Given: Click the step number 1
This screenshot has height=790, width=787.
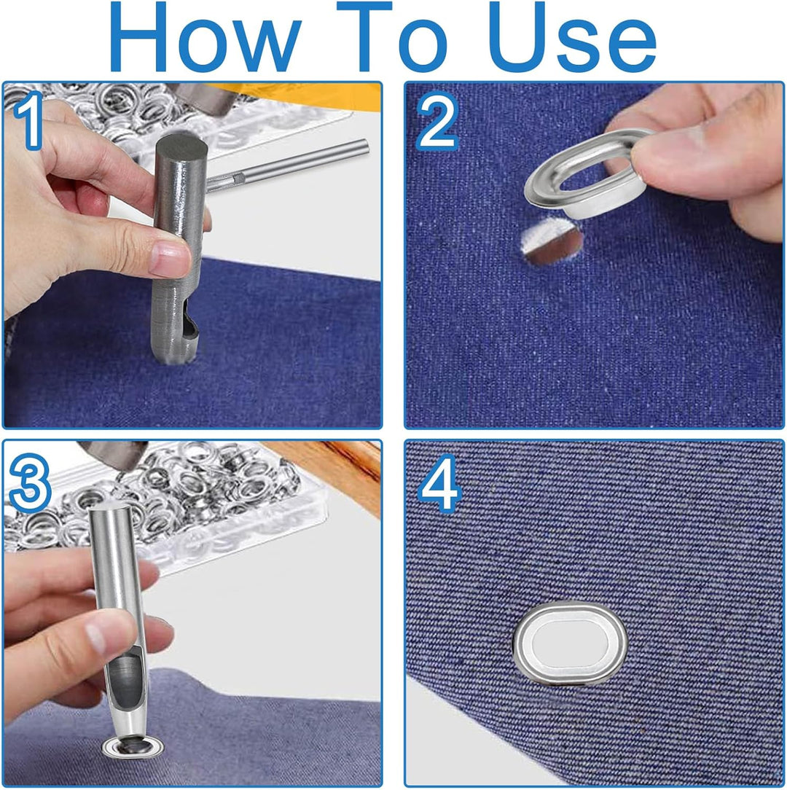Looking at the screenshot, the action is coord(29,121).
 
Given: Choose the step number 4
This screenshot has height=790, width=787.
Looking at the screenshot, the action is coord(439,484).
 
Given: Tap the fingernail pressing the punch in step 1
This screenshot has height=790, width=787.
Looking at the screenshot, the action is coord(169,257).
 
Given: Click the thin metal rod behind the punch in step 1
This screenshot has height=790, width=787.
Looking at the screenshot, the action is coord(287,164).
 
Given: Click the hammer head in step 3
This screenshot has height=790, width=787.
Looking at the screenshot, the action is coord(114,453).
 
